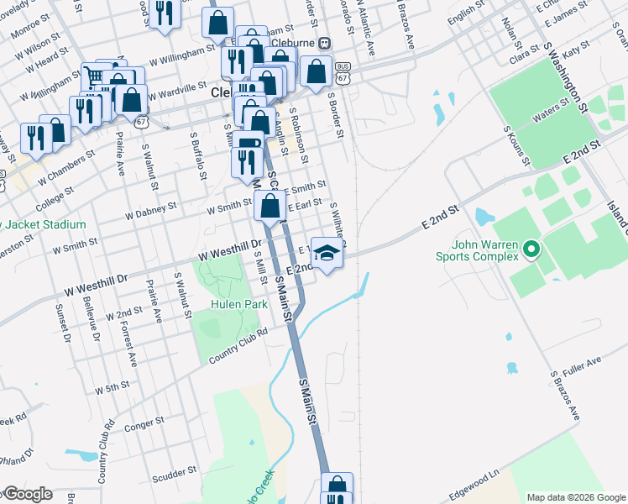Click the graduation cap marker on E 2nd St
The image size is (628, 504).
pos(327,252)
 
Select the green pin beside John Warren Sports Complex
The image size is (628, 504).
pos(530,249)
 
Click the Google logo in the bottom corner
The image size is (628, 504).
pos(28,494)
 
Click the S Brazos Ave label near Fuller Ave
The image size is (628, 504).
pos(565,396)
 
